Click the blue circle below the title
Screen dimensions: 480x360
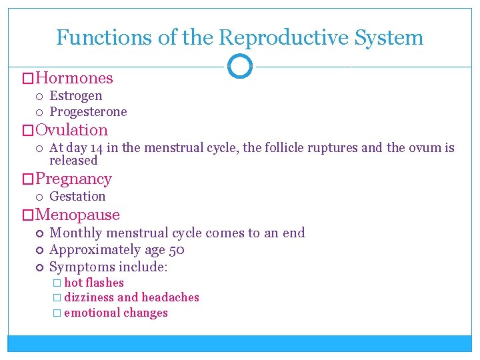pyautogui.click(x=240, y=66)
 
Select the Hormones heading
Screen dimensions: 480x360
pyautogui.click(x=74, y=78)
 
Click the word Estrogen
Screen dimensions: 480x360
pyautogui.click(x=76, y=95)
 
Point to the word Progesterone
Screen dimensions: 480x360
pyautogui.click(x=88, y=111)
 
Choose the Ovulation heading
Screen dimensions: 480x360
pyautogui.click(x=71, y=130)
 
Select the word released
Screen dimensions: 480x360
pyautogui.click(x=73, y=160)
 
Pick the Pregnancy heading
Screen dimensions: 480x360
pyautogui.click(x=73, y=179)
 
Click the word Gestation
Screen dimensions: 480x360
pyautogui.click(x=77, y=196)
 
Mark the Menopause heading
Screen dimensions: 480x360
pyautogui.click(x=77, y=215)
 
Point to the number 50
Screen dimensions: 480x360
pyautogui.click(x=177, y=250)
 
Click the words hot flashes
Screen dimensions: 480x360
pyautogui.click(x=94, y=283)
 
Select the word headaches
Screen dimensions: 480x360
pyautogui.click(x=170, y=297)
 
